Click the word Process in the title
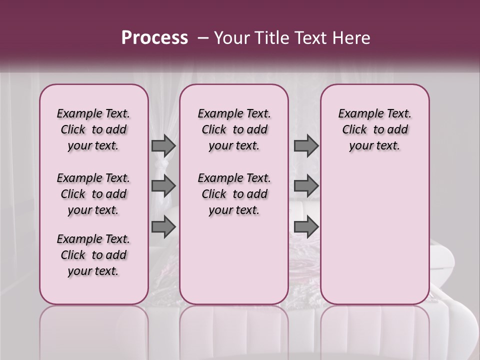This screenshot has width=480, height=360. point(154,38)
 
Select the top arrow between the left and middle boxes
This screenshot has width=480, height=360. point(163,145)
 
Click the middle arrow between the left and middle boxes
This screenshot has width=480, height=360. point(163,186)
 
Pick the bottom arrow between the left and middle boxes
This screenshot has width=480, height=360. point(163,226)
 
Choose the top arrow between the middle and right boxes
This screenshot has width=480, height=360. point(306,145)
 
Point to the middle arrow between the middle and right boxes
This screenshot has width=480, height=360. point(306,186)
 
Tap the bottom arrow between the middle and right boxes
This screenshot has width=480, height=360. point(306,226)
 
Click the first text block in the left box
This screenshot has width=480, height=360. point(93,129)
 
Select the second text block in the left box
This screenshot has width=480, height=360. point(93,194)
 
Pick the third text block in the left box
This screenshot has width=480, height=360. point(93,255)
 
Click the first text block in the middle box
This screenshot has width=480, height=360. point(234,129)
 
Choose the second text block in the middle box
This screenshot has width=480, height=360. point(234,194)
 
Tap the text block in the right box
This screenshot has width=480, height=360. point(375,129)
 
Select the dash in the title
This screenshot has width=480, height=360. point(203,38)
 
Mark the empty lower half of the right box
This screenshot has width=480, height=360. point(375,235)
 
